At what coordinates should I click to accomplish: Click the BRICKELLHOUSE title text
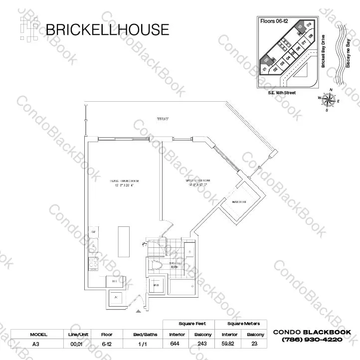pos(107,29)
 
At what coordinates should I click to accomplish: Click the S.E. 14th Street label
pos(281,93)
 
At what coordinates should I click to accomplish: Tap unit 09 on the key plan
pos(309,24)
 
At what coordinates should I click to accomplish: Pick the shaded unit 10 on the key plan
pos(300,28)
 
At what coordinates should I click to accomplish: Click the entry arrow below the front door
pos(138,312)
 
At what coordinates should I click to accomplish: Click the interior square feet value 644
pos(177,344)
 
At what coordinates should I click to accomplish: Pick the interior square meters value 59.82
pos(229,344)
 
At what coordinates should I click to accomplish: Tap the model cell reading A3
pos(35,344)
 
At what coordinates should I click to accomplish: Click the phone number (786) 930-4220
pos(312,340)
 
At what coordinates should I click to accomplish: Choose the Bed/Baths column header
pos(144,334)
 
